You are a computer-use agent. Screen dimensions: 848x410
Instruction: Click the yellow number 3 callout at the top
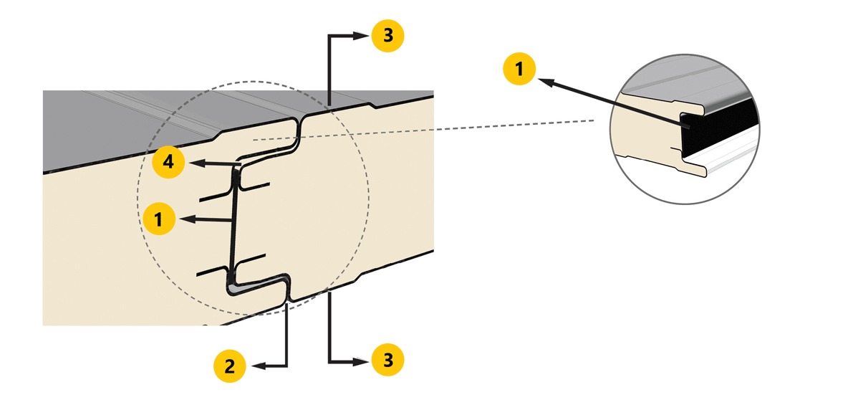[x=387, y=36]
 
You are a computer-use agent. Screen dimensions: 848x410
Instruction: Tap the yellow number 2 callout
[x=230, y=367]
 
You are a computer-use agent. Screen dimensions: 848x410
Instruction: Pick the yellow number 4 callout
[x=169, y=162]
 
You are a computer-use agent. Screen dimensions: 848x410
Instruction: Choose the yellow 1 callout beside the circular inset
[x=519, y=69]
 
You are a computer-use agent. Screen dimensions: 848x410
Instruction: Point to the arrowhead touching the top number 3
[x=361, y=36]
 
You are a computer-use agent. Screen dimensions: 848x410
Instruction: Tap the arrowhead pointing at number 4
[x=196, y=162]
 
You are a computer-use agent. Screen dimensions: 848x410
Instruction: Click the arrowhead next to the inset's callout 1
[x=546, y=82]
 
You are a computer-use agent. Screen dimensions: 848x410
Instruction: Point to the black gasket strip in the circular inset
[x=717, y=129]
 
